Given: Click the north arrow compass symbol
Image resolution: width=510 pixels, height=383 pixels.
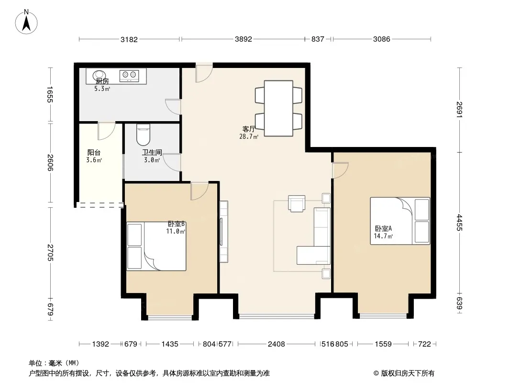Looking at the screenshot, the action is [x=26, y=22].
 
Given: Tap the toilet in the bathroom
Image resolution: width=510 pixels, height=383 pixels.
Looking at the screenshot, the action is [x=143, y=135].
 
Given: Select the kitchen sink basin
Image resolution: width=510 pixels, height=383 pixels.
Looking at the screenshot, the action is [x=99, y=75].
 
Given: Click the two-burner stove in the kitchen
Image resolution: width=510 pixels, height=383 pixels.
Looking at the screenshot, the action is [x=129, y=76].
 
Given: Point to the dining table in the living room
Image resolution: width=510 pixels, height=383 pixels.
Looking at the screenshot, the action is [x=278, y=108].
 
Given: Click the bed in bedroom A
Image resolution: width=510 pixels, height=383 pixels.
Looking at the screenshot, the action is [x=400, y=221].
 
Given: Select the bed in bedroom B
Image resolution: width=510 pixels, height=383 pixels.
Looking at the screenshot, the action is [x=156, y=247].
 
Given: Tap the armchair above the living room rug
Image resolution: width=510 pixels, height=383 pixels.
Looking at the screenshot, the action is [x=297, y=203].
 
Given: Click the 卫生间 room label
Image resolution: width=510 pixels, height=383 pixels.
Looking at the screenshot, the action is [x=152, y=152].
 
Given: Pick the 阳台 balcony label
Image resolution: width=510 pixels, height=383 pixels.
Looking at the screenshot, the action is [x=94, y=152].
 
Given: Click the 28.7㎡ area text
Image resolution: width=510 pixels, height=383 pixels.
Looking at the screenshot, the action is [x=249, y=136].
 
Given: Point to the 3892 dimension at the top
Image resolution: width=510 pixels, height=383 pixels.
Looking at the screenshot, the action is [x=244, y=39].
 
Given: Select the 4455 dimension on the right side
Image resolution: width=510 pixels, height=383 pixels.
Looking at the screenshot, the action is [x=460, y=223].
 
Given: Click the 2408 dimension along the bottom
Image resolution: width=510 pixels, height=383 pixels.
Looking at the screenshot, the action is [x=277, y=344].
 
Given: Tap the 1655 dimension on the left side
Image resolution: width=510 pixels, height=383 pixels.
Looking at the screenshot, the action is [x=50, y=94].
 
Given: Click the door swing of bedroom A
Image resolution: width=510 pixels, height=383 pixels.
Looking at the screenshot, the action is [x=340, y=170].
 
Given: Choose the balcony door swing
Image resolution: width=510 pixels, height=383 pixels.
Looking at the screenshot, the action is [x=107, y=131].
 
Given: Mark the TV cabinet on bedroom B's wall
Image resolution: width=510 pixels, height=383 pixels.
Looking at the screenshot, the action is [x=224, y=232].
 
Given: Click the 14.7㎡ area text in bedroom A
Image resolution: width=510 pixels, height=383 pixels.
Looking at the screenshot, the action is [x=383, y=236].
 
